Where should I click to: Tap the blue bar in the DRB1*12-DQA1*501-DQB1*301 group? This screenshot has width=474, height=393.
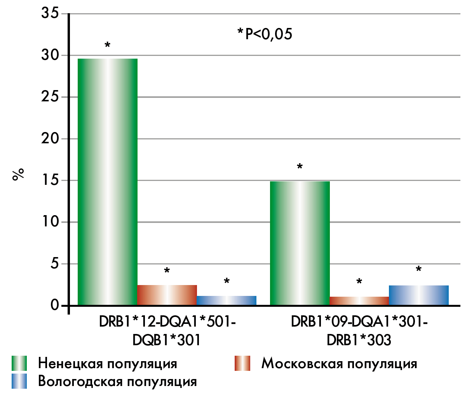coord(227,301)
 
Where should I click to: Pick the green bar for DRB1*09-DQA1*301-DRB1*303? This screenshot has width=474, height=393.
coord(300,243)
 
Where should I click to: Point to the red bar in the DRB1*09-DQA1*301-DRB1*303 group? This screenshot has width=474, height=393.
coord(359,301)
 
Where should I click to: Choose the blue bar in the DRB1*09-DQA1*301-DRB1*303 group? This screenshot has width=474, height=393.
coord(419,296)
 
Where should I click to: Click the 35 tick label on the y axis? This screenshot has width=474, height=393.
coord(50,14)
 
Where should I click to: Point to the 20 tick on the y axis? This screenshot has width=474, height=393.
coord(50,139)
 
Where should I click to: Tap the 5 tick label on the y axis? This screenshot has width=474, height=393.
coord(55,264)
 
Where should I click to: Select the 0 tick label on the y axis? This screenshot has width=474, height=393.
coord(55,305)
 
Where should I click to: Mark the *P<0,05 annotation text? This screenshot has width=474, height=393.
coord(265,34)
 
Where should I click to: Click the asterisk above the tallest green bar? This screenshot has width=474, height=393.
coord(108,45)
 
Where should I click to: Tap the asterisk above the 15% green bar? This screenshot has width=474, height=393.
coord(300,167)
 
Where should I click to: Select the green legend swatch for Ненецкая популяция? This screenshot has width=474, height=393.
coord(19,363)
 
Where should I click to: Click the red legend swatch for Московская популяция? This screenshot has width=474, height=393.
coord(242,363)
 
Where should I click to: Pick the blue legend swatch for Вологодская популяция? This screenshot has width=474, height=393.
coord(19,381)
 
